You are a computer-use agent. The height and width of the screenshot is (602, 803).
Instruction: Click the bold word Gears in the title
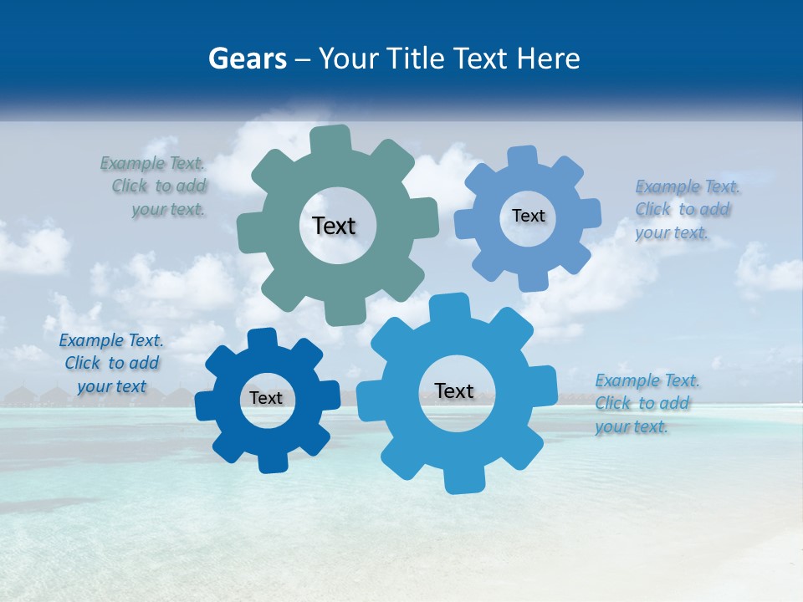pyautogui.click(x=248, y=59)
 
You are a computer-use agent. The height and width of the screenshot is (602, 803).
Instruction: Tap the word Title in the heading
pyautogui.click(x=415, y=59)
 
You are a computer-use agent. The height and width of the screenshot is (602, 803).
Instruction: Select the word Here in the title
pyautogui.click(x=548, y=59)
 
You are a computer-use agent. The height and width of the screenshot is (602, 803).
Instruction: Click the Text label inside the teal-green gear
pyautogui.click(x=334, y=226)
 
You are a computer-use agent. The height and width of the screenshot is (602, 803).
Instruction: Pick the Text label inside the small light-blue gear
pyautogui.click(x=528, y=216)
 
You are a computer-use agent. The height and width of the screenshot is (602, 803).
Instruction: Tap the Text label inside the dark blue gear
pyautogui.click(x=266, y=399)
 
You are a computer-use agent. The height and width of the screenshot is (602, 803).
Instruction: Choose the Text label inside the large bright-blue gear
pyautogui.click(x=454, y=391)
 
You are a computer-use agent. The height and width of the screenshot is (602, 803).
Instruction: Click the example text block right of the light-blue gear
pyautogui.click(x=686, y=210)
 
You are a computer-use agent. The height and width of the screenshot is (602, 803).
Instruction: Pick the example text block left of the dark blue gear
pyautogui.click(x=111, y=364)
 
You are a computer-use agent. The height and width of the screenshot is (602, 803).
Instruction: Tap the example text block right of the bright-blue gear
pyautogui.click(x=646, y=404)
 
